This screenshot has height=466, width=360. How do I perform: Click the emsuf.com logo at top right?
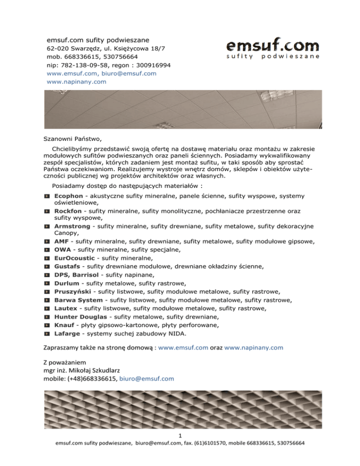pyautogui.click(x=273, y=49)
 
